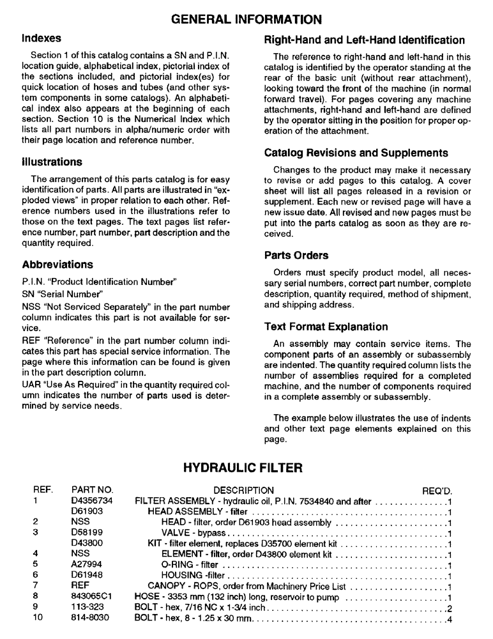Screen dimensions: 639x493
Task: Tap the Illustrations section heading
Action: [52, 162]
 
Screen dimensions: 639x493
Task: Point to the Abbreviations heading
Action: [57, 264]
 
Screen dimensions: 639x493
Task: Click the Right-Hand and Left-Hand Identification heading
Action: [364, 40]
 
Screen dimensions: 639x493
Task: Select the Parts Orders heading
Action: [296, 255]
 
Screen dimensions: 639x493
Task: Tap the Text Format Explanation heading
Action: [326, 327]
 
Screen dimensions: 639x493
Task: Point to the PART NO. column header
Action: [92, 491]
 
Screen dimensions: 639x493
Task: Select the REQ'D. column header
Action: [437, 491]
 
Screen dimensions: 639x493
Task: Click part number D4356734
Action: [91, 502]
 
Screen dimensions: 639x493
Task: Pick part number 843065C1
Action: [91, 597]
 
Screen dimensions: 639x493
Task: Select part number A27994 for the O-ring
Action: [86, 565]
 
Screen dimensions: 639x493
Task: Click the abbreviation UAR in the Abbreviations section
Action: [31, 385]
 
